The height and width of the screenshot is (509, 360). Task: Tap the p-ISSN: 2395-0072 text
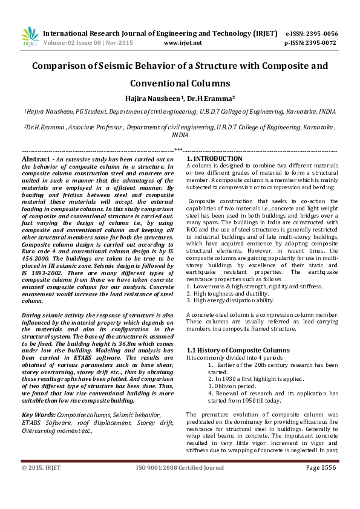[310, 44]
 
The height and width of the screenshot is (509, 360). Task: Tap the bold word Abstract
[35, 159]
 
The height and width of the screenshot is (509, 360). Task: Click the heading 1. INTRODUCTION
[215, 158]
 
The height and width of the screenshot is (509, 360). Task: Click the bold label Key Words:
[39, 415]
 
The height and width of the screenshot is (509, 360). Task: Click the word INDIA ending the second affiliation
[180, 136]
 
